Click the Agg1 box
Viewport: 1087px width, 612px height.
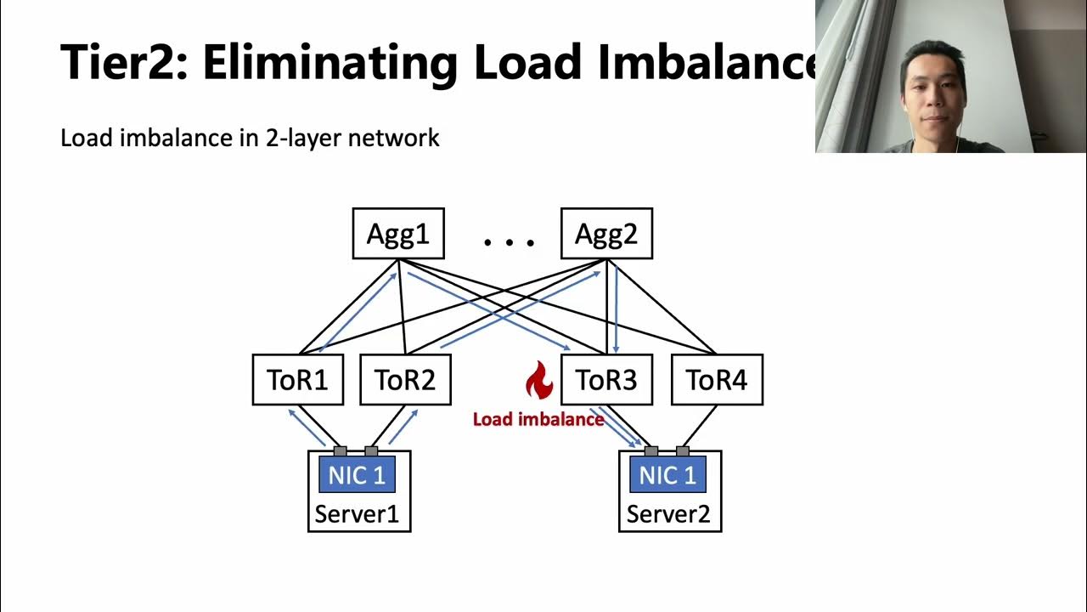(x=397, y=234)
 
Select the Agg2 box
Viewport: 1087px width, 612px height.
(x=606, y=234)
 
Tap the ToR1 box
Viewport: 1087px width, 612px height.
(x=297, y=380)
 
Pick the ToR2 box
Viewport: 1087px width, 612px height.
(x=405, y=380)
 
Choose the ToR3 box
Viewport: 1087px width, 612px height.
(x=606, y=380)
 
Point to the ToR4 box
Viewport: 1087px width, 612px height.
(x=717, y=380)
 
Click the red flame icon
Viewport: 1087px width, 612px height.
(x=538, y=380)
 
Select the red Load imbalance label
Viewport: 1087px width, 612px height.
(x=538, y=419)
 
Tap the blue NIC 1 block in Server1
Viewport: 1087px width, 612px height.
(x=358, y=475)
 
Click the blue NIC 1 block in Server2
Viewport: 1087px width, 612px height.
(x=668, y=475)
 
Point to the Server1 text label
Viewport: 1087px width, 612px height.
(x=358, y=513)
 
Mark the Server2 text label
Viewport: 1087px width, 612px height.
(x=668, y=513)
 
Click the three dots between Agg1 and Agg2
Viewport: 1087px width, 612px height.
(x=510, y=243)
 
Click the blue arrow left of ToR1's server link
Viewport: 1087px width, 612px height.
(x=307, y=428)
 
